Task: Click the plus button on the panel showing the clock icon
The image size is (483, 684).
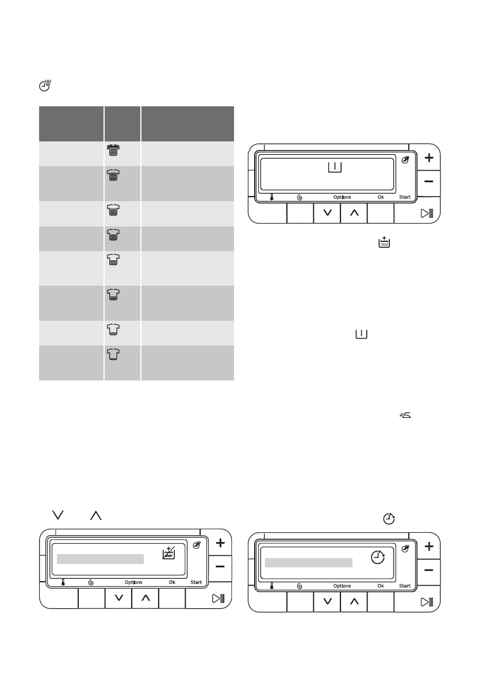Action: coord(428,546)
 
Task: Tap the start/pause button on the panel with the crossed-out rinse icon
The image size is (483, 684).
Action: coord(218,598)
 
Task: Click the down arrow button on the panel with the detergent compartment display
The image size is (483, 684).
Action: coord(327,213)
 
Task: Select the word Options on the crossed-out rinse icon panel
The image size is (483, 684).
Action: coord(133,582)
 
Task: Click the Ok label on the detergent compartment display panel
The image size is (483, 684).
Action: coord(381,197)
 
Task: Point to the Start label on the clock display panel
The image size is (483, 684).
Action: coord(405,586)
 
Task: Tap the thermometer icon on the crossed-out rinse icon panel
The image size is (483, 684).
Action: coord(63,582)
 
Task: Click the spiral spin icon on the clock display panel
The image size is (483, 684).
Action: coord(300,586)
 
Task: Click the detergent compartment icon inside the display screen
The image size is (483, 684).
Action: coord(335,167)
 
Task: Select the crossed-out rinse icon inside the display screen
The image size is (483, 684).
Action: coord(168,553)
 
